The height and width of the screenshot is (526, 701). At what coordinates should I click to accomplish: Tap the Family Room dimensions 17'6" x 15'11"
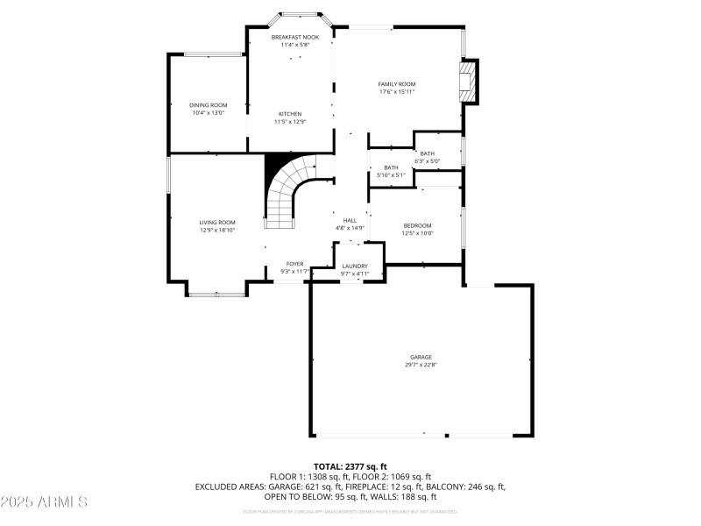click(x=397, y=91)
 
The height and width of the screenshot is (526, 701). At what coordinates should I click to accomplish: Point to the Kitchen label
click(x=290, y=114)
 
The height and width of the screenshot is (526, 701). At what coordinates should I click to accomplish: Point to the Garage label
click(x=421, y=357)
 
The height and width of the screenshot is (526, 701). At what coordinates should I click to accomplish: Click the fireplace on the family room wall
click(x=468, y=82)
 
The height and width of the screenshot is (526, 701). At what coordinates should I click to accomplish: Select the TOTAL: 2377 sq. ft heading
click(x=350, y=466)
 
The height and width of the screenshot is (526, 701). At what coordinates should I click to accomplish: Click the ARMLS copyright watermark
click(x=44, y=502)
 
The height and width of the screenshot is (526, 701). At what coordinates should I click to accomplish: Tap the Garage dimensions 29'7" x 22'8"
click(x=421, y=365)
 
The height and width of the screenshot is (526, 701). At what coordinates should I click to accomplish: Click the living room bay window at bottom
click(x=216, y=294)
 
